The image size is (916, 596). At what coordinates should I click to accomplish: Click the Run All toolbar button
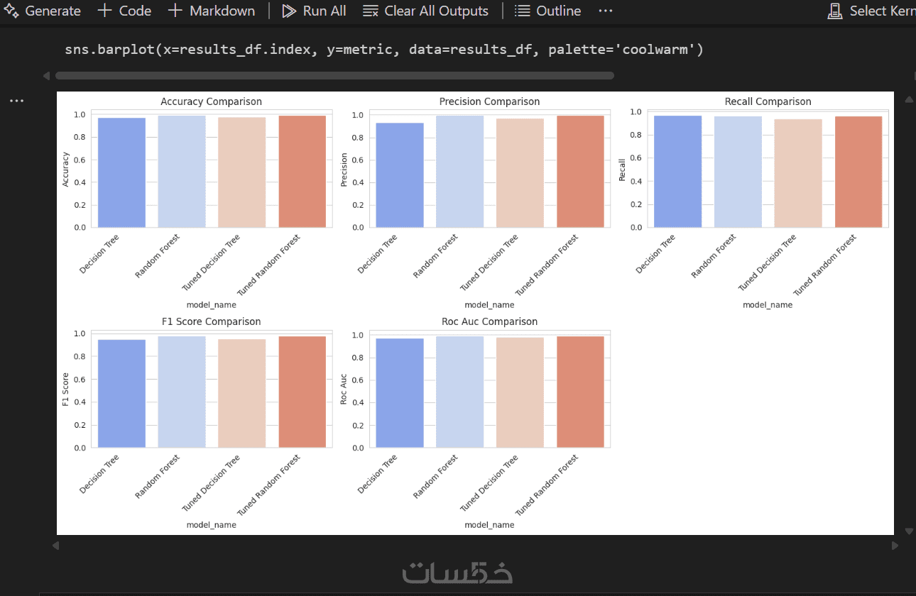coord(314,11)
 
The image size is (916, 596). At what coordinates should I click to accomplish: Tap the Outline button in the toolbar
coord(547,11)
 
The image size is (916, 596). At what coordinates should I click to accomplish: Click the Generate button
coord(43,11)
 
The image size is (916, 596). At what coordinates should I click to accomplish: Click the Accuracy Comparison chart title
coord(211,101)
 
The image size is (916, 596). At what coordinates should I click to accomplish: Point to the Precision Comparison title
coord(489,101)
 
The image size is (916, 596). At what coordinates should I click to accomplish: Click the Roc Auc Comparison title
coord(489,321)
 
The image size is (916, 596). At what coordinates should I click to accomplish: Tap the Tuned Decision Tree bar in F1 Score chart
coord(242,393)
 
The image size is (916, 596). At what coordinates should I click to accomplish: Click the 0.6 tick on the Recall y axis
coord(635,158)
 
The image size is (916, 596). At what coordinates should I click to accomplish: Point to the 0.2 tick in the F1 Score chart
coord(79,425)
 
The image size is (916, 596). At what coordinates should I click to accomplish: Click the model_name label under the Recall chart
coord(768,305)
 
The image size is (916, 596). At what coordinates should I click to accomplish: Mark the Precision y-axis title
coord(344,171)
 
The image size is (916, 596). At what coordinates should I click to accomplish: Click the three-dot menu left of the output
coord(16,101)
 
